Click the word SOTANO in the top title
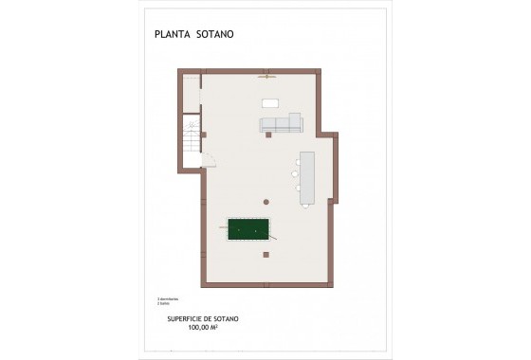click(x=215, y=34)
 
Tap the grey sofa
click(x=281, y=123)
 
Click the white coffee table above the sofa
click(x=271, y=102)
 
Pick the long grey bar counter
click(x=307, y=177)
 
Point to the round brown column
click(x=267, y=200)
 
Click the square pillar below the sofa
click(x=269, y=135)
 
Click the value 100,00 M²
click(x=204, y=327)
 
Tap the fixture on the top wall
click(x=267, y=74)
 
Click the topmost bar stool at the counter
click(x=297, y=162)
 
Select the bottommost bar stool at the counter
click(x=297, y=189)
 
